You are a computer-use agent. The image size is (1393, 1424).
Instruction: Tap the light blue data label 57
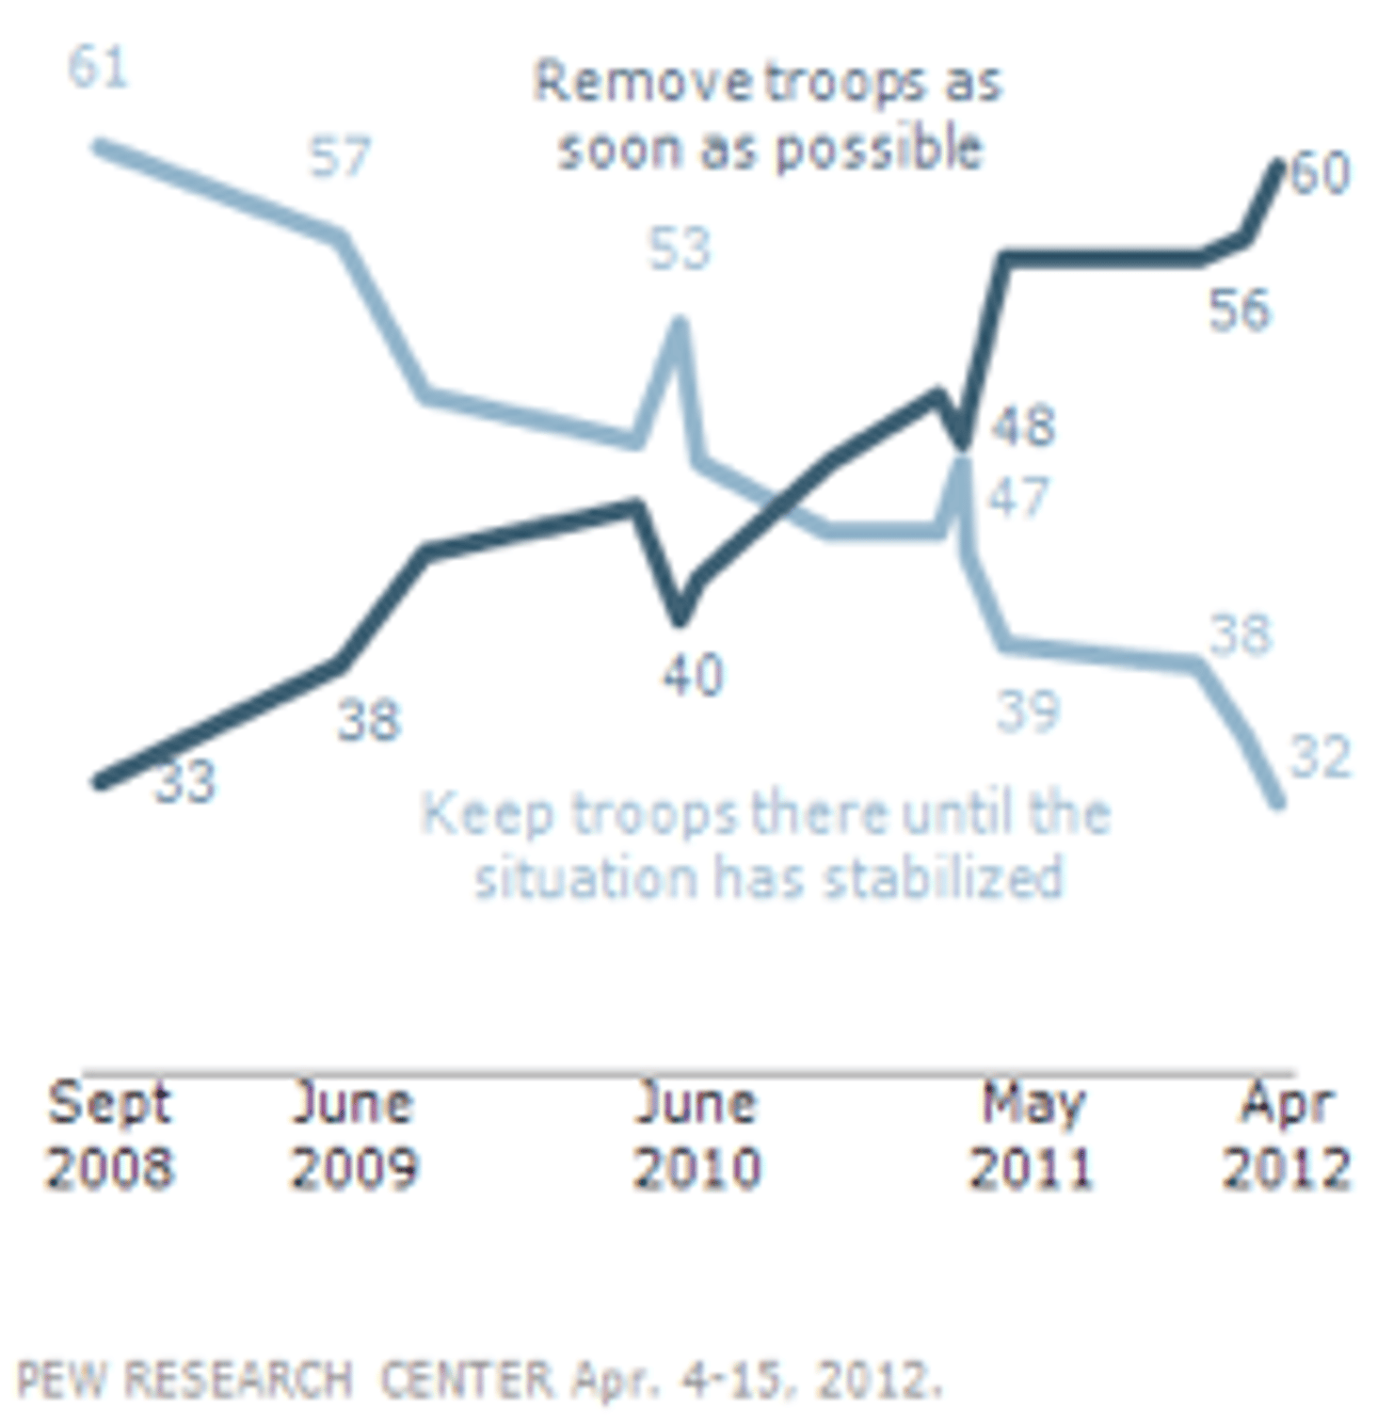(340, 156)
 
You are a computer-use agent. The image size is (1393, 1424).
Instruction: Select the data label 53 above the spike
(679, 248)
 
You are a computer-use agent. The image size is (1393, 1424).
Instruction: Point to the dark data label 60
(1321, 173)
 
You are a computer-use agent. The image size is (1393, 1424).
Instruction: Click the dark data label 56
(1239, 310)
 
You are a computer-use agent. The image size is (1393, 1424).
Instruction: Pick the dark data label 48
(1024, 425)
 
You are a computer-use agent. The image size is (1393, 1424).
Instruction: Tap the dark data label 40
(693, 675)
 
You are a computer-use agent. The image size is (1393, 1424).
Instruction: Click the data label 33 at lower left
(184, 781)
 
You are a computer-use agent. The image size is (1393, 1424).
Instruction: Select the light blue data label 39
(1028, 711)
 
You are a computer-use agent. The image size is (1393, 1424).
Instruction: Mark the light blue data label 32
(1320, 757)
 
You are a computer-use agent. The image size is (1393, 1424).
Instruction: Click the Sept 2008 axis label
(109, 1134)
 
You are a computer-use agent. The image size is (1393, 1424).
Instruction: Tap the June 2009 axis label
(353, 1134)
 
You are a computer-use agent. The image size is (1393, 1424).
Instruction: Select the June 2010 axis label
(696, 1134)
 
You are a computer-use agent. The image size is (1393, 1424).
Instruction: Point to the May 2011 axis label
(1032, 1134)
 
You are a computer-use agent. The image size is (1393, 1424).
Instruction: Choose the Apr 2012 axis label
(1286, 1134)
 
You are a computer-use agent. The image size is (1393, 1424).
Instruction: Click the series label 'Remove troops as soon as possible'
(768, 115)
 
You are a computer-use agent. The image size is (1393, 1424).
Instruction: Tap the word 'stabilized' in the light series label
(942, 877)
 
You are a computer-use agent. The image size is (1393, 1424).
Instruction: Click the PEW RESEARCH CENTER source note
(478, 1380)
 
